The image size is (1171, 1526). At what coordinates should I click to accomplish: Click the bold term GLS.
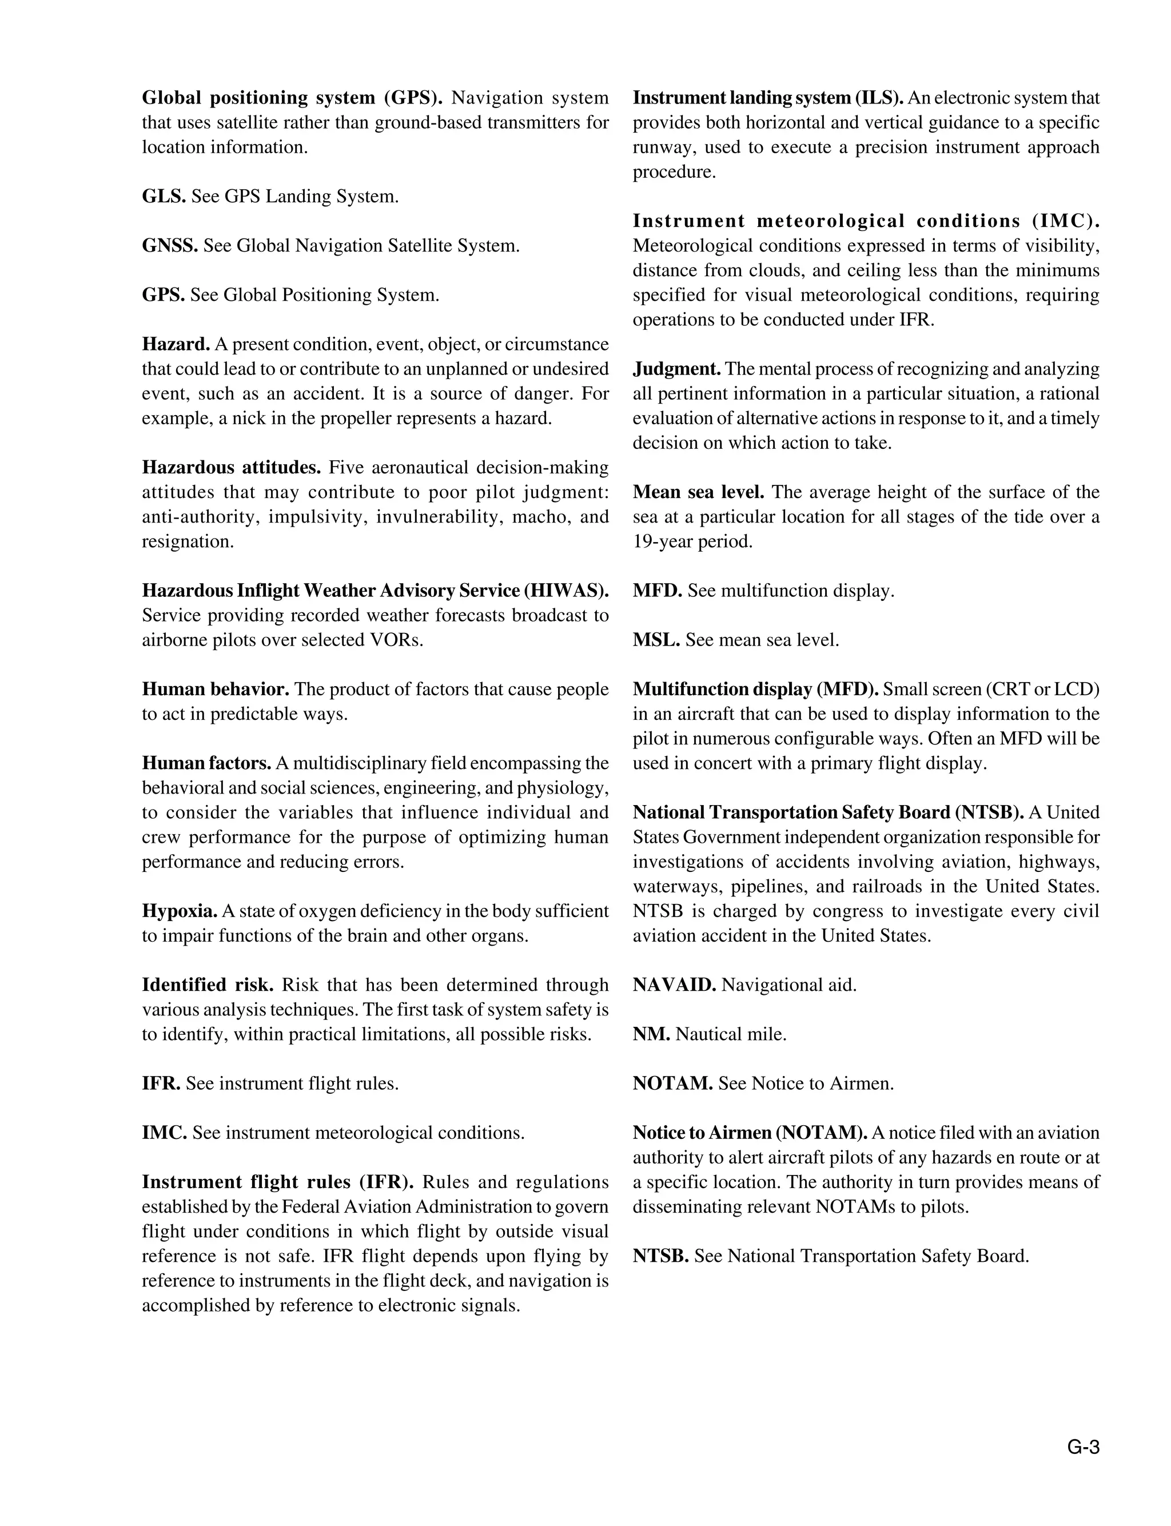tap(163, 197)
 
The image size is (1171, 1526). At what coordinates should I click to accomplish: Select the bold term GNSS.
tap(170, 246)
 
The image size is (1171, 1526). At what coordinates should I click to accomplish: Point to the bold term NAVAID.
tap(674, 985)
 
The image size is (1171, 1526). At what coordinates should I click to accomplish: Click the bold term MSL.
tap(656, 640)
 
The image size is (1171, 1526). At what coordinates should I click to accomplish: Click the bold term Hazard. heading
tap(176, 344)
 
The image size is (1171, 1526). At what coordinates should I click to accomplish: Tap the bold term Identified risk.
tap(207, 985)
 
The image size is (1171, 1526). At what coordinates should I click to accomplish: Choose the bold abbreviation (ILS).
tap(879, 98)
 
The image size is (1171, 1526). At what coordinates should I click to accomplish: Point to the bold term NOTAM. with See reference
tap(672, 1083)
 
